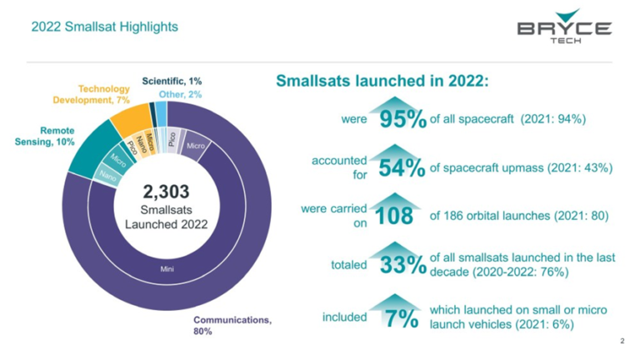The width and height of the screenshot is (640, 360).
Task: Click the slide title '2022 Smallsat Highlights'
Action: point(104,27)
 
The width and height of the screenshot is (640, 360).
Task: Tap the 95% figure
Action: point(402,120)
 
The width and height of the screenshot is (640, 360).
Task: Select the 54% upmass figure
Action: point(402,168)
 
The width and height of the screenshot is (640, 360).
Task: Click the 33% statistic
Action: point(403,266)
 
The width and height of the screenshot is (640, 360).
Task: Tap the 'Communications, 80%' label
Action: point(233,325)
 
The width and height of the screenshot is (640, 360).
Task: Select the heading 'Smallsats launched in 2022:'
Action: point(381,82)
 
